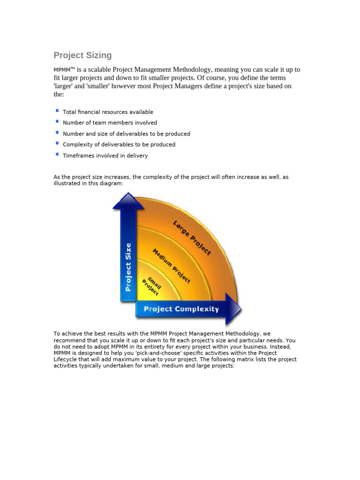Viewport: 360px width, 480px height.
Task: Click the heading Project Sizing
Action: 82,55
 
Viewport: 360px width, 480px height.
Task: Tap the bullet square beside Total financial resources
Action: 57,111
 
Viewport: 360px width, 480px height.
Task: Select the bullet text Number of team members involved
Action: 110,123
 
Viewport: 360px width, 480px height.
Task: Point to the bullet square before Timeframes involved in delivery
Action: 57,154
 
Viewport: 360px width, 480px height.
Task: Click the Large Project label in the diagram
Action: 192,238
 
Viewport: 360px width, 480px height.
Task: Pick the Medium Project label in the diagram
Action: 171,266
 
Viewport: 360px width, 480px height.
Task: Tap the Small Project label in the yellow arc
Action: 152,286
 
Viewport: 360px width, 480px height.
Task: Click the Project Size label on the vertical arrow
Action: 127,266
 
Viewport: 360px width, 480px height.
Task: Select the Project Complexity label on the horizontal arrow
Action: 181,309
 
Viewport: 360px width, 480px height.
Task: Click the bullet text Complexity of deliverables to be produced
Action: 119,145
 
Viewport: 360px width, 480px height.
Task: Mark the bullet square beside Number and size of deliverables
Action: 57,133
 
